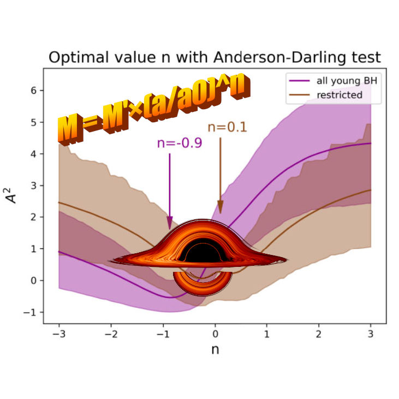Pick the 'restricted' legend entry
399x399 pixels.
(x=339, y=94)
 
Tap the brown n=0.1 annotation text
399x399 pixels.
(x=227, y=128)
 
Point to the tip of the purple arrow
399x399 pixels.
(x=170, y=228)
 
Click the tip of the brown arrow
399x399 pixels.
(x=221, y=213)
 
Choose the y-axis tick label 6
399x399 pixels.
(x=33, y=91)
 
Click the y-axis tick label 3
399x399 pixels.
(x=33, y=186)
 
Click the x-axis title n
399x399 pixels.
(x=215, y=349)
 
